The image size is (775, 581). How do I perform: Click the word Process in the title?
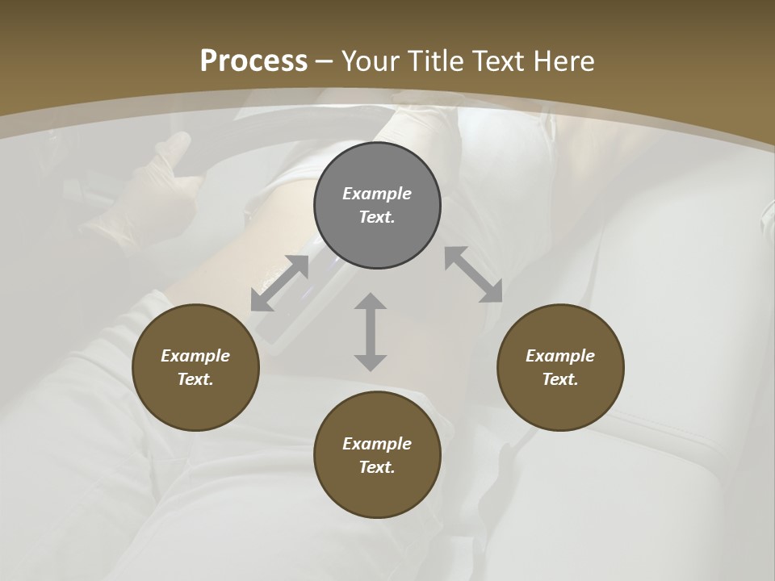click(x=253, y=61)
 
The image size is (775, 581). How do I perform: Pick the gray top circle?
click(x=377, y=206)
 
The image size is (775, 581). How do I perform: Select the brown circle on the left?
click(x=195, y=368)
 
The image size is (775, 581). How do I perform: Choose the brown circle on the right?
click(x=560, y=368)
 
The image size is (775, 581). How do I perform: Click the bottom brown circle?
click(x=377, y=456)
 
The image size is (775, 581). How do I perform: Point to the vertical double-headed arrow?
click(x=371, y=332)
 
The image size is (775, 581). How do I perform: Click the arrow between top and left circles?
click(x=279, y=283)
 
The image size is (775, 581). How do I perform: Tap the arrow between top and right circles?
click(x=474, y=274)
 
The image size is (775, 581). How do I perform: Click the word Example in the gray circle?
click(x=377, y=194)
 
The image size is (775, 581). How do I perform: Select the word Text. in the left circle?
click(x=195, y=379)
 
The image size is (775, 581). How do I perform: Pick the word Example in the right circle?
click(x=560, y=356)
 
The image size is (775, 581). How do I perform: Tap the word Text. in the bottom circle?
click(x=377, y=467)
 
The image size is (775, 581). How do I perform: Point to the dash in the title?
click(x=325, y=61)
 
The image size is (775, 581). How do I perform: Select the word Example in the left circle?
click(x=195, y=356)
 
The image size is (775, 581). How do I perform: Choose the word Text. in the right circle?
click(x=560, y=379)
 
